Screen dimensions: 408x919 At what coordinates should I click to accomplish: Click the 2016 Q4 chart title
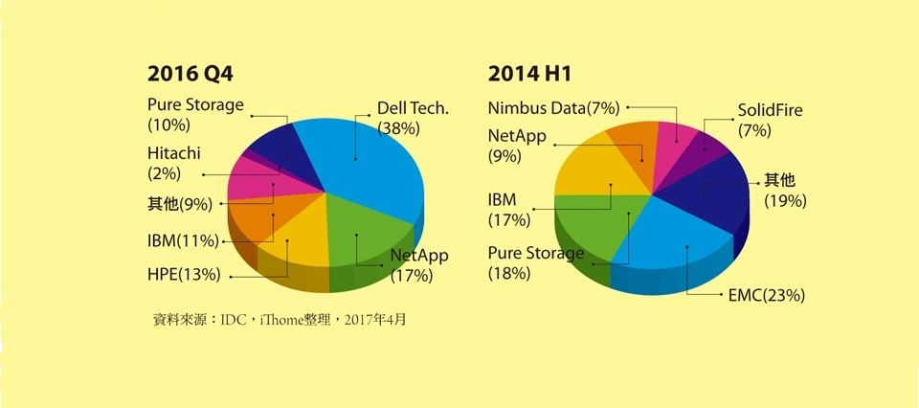[x=190, y=75]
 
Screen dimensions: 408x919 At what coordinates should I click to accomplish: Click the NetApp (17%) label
[x=417, y=265]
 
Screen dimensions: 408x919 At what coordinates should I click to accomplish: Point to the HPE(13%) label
[x=184, y=275]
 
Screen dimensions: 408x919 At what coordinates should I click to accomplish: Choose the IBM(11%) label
[x=183, y=239]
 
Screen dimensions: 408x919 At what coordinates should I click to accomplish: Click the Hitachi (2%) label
[x=173, y=163]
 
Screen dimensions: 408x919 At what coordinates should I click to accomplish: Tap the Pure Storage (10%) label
[x=195, y=114]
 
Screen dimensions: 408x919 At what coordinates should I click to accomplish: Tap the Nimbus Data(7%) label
[x=553, y=107]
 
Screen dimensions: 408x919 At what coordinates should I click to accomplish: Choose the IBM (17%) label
[x=507, y=210]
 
